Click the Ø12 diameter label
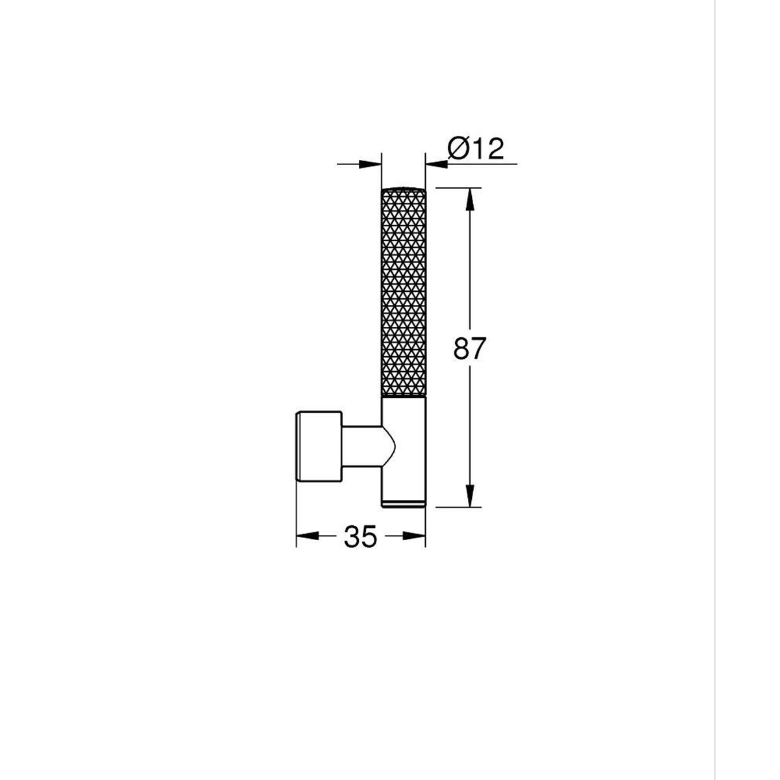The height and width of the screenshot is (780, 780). click(x=476, y=149)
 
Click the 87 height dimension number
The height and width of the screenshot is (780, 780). click(x=469, y=348)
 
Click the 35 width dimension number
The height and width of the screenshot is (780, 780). click(x=360, y=537)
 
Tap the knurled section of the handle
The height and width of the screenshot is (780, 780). click(x=404, y=292)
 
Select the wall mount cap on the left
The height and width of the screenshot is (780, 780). click(x=319, y=447)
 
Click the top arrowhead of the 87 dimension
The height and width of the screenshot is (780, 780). click(x=469, y=199)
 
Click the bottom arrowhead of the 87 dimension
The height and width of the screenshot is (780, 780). click(x=469, y=496)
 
